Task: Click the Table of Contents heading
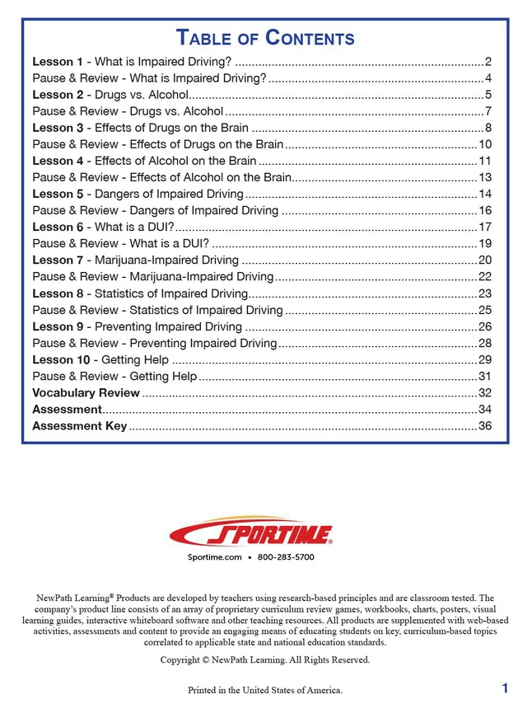265,38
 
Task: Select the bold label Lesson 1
58,62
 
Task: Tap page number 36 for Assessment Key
484,426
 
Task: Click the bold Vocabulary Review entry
86,392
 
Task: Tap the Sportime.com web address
215,558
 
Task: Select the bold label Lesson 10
61,359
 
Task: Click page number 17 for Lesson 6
484,227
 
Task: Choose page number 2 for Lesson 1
488,62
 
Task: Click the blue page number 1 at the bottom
504,687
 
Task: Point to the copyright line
265,660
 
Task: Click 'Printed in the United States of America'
265,690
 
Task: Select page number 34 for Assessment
484,410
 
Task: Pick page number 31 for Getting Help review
484,377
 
